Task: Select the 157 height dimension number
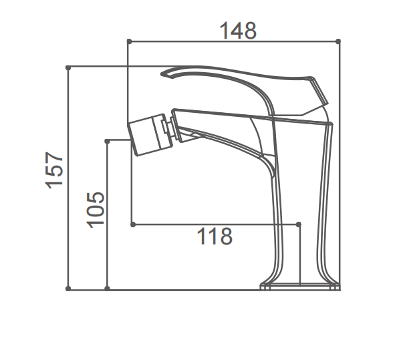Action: pos(54,169)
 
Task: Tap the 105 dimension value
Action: pos(95,209)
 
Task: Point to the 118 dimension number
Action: pos(215,236)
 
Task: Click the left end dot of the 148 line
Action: pos(128,41)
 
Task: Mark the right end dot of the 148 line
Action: pos(338,41)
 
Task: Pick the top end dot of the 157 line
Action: pos(68,67)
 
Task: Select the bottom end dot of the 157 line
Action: pos(68,289)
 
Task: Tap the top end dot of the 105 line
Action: pos(107,140)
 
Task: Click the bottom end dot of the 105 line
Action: pos(107,289)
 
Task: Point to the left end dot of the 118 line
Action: pos(132,224)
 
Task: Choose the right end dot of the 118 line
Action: pos(299,224)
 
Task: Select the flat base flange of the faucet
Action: pos(299,287)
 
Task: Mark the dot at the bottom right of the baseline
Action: pos(338,289)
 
